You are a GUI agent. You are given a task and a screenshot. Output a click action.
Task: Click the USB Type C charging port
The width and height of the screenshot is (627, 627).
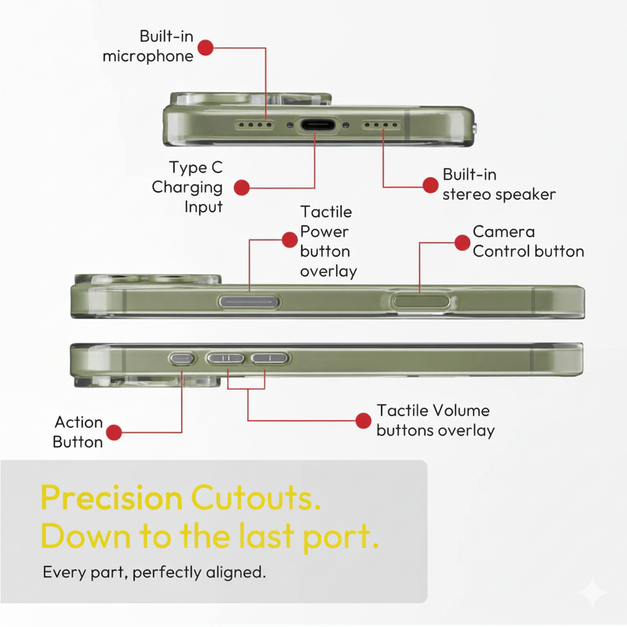click(x=318, y=125)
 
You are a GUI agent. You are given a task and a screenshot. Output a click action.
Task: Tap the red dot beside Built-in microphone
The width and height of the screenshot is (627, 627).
click(x=206, y=48)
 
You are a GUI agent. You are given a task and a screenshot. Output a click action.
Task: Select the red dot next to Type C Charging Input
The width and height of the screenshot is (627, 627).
click(x=241, y=187)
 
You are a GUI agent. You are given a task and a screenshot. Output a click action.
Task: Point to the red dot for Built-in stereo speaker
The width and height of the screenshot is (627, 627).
click(x=430, y=185)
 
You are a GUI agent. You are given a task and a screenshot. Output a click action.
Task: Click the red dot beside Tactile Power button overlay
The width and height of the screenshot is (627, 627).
click(x=290, y=240)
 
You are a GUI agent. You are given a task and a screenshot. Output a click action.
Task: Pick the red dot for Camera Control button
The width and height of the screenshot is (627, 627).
click(x=462, y=242)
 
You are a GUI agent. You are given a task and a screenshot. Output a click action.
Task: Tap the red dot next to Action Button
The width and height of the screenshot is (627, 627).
click(x=114, y=432)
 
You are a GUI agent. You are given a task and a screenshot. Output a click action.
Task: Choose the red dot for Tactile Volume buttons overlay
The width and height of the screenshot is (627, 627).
click(x=363, y=421)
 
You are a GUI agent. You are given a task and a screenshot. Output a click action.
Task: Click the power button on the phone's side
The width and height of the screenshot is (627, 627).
click(x=249, y=302)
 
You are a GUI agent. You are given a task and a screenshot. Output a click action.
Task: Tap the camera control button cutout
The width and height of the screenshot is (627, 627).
click(x=421, y=301)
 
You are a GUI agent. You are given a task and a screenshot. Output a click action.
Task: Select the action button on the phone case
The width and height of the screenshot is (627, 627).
click(x=181, y=358)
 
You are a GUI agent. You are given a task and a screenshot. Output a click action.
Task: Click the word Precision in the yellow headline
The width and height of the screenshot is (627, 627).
click(x=111, y=498)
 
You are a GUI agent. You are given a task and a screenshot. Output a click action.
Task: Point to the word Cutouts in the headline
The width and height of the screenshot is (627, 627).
click(x=256, y=498)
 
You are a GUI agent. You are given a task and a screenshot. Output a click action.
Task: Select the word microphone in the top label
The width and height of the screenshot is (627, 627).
click(x=148, y=56)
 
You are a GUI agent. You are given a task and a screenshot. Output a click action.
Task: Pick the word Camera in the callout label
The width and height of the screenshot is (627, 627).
click(x=504, y=232)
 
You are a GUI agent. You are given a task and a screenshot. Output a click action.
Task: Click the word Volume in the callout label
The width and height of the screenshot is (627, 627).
click(x=461, y=411)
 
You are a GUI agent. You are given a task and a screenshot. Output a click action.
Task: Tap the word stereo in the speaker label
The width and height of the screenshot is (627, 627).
click(x=467, y=195)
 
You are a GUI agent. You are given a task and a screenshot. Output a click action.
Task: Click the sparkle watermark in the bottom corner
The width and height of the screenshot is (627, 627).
click(x=593, y=593)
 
